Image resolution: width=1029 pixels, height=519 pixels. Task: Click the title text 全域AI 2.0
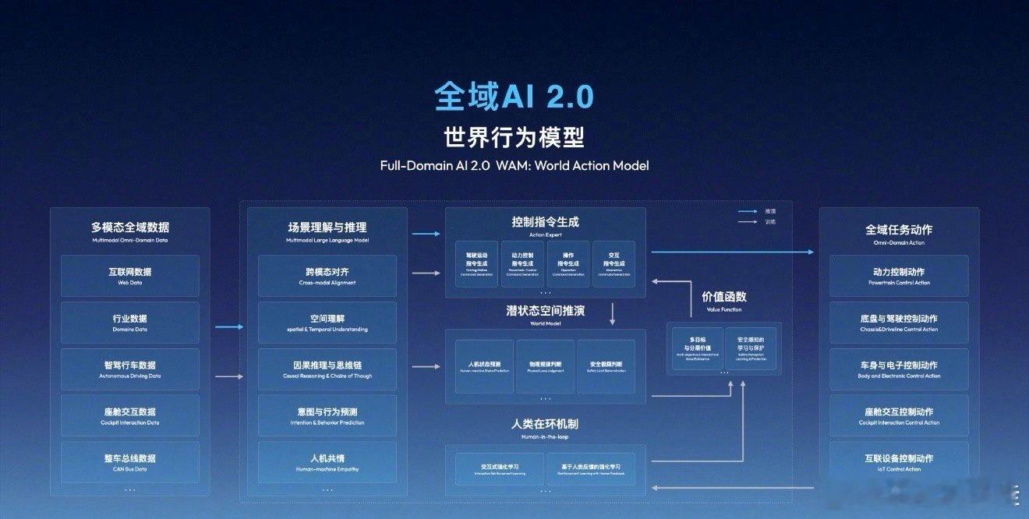(514, 97)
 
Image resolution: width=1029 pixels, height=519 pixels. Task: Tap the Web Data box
(129, 276)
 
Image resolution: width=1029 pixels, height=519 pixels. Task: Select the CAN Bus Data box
(129, 462)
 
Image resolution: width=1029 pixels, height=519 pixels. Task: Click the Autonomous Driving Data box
(129, 369)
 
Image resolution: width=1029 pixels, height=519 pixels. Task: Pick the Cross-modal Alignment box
(327, 276)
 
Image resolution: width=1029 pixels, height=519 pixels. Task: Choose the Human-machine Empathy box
(327, 462)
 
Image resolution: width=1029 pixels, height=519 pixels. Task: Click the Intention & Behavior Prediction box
(327, 415)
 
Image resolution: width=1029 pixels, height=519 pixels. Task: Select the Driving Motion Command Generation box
(476, 264)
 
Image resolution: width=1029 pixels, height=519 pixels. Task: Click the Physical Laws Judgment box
(545, 366)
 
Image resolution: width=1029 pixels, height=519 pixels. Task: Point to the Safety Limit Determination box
(606, 366)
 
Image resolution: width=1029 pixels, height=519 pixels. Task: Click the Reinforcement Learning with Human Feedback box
(596, 469)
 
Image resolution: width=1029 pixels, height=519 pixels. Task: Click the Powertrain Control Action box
(899, 276)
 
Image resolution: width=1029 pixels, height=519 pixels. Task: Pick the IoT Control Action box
(899, 462)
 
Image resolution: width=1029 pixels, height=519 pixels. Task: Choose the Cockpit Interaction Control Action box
(899, 415)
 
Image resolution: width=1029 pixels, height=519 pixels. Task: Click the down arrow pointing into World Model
(614, 313)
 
